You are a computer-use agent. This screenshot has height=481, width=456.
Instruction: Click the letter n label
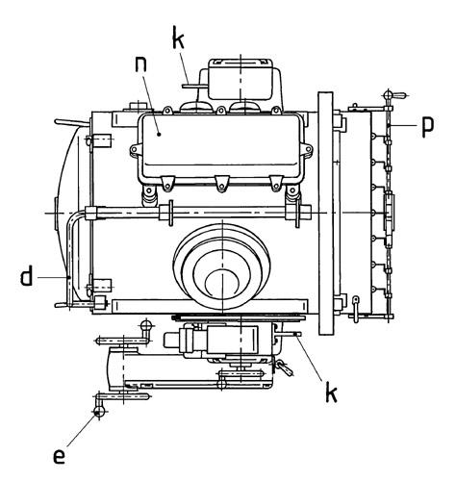pyautogui.click(x=140, y=63)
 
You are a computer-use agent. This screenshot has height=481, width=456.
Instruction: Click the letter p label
pyautogui.click(x=428, y=126)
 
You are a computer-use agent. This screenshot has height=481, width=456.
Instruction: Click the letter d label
pyautogui.click(x=27, y=276)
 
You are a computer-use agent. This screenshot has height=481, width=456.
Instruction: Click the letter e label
pyautogui.click(x=59, y=456)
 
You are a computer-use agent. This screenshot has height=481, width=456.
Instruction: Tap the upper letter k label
pyautogui.click(x=178, y=38)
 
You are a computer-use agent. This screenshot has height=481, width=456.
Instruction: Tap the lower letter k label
pyautogui.click(x=331, y=392)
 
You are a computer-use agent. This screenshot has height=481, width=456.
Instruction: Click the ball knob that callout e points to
pyautogui.click(x=99, y=411)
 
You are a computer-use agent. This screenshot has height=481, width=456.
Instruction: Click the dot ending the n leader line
pyautogui.click(x=159, y=135)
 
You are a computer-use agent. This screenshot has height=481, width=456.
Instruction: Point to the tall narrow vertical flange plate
pyautogui.click(x=324, y=214)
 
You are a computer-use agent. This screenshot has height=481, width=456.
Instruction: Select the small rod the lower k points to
pyautogui.click(x=290, y=334)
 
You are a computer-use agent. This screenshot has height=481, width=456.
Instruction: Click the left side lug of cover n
pyautogui.click(x=135, y=149)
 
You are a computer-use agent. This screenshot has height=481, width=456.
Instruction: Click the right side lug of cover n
pyautogui.click(x=308, y=149)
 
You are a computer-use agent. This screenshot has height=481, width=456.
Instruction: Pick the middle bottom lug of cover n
pyautogui.click(x=221, y=184)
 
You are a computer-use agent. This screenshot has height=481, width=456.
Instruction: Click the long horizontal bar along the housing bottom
pyautogui.click(x=210, y=306)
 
